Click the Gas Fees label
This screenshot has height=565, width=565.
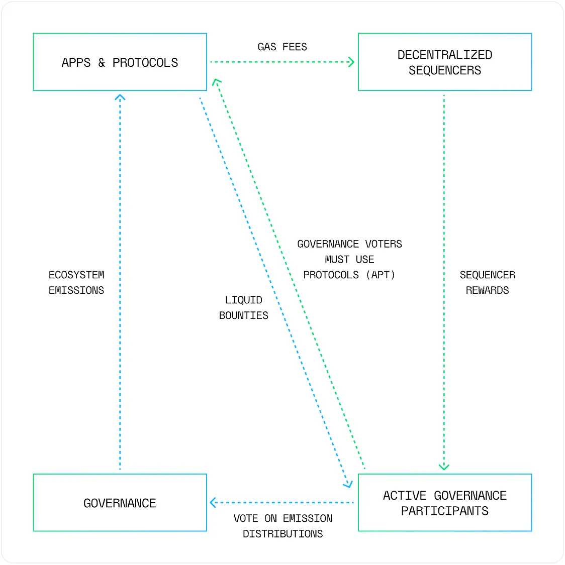tap(282, 47)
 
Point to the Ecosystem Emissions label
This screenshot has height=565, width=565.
tap(76, 282)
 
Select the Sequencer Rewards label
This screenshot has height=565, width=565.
tap(487, 282)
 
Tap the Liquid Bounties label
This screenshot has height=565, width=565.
tap(243, 308)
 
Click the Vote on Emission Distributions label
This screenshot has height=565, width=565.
tap(282, 526)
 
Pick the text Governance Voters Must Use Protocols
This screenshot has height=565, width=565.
tap(349, 260)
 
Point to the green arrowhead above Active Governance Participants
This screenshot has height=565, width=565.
tap(444, 468)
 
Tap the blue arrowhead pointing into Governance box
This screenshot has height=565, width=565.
tap(213, 502)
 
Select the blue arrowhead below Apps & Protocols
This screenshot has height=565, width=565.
tap(120, 97)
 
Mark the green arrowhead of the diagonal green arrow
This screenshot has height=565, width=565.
tap(216, 82)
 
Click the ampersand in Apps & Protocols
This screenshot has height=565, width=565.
tap(102, 63)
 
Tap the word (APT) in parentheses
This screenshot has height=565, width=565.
tap(381, 275)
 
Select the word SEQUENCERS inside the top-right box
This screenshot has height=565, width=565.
tap(444, 70)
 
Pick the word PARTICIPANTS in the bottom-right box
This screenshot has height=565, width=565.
tap(444, 511)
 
